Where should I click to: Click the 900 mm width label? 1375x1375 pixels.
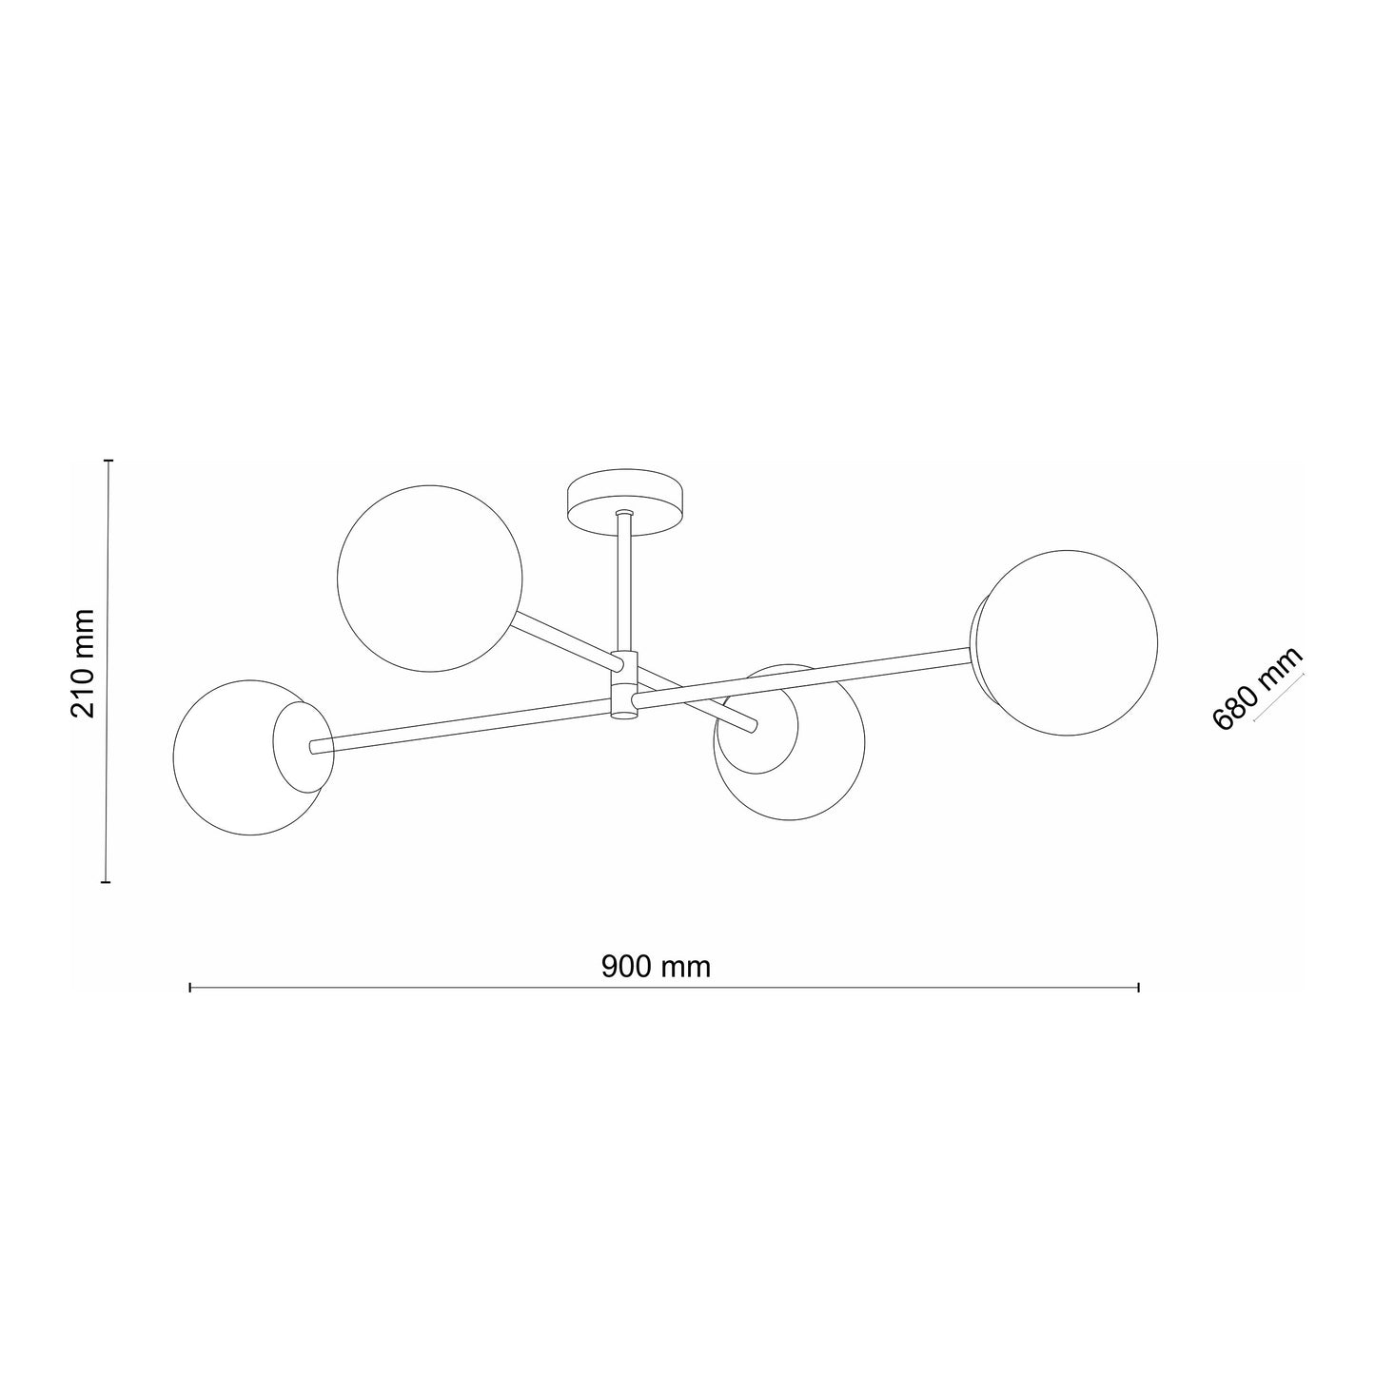[x=656, y=967]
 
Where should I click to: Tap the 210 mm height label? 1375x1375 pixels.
[x=83, y=663]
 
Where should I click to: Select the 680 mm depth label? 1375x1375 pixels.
[x=1257, y=688]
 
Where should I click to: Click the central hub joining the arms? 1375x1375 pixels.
[x=624, y=686]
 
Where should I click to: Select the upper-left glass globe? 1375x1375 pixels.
[x=429, y=579]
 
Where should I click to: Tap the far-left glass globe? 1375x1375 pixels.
[x=253, y=757]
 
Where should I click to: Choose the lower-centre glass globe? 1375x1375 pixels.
[x=789, y=743]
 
